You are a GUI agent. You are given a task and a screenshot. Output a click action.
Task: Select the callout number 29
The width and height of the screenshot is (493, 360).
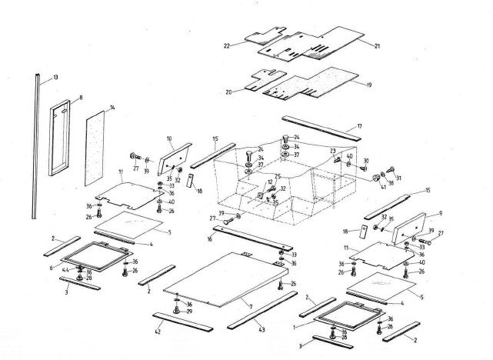click(x=189, y=311)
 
